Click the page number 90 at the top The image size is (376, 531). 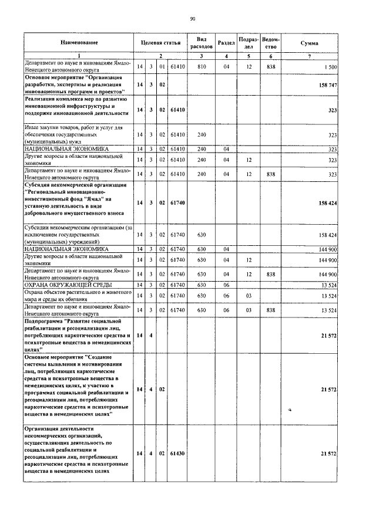(192, 19)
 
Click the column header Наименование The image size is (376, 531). (78, 43)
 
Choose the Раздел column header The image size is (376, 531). (226, 43)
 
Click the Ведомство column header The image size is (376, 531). (271, 43)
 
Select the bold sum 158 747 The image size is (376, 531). (326, 85)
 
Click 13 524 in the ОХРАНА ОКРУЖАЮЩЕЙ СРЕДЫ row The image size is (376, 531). (327, 285)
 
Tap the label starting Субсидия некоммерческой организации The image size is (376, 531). (73, 202)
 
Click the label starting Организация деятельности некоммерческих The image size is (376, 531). (73, 450)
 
